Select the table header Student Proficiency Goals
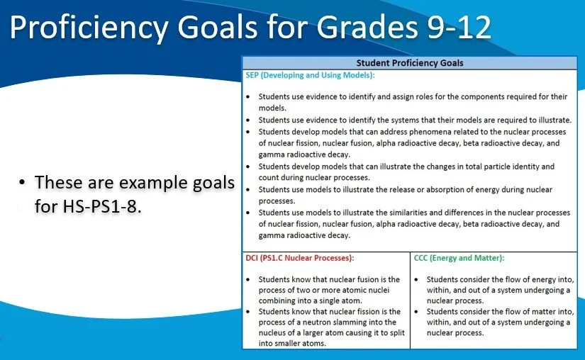[x=410, y=63]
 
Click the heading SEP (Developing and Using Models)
[x=310, y=74]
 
